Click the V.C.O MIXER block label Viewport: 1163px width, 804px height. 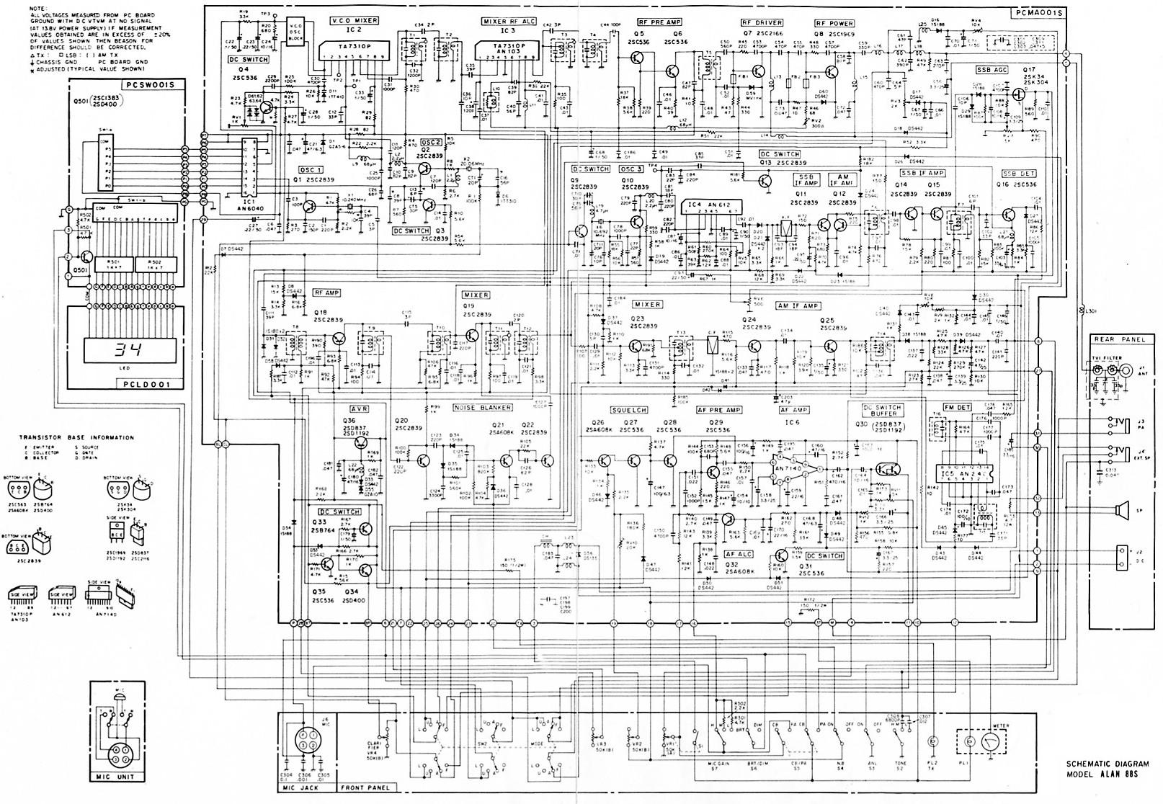354,21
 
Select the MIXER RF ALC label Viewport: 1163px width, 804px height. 509,22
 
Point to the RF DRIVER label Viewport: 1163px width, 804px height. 762,22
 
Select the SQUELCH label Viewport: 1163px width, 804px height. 628,410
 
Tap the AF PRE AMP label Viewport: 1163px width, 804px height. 718,410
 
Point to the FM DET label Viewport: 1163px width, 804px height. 957,407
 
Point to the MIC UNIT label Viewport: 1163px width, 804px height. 112,777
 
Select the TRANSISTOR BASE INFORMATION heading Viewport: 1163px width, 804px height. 78,437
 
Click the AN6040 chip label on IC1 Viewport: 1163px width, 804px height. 247,205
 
